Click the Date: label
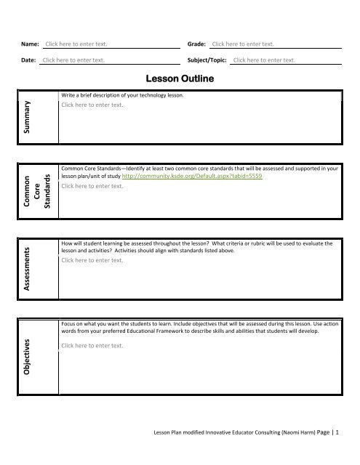click(28, 60)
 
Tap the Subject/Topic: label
click(207, 60)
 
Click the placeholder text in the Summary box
click(93, 105)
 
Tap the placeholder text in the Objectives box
click(93, 346)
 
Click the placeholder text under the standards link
click(93, 186)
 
